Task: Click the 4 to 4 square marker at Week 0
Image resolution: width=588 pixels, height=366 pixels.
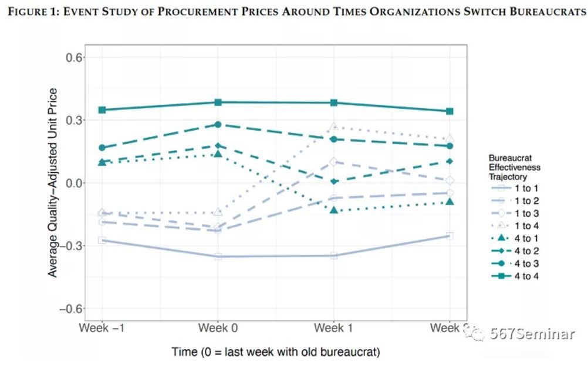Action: [x=218, y=102]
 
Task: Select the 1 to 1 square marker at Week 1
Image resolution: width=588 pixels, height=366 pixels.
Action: [x=334, y=255]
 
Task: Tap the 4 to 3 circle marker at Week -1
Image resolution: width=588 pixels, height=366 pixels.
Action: [x=103, y=148]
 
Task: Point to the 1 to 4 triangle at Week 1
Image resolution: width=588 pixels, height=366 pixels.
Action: [x=334, y=126]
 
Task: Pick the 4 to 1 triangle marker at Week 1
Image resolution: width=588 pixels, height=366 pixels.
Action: [x=334, y=210]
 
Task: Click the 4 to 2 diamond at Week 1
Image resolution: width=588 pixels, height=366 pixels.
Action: [x=334, y=182]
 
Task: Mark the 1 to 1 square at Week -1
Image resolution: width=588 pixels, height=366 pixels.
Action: [x=103, y=240]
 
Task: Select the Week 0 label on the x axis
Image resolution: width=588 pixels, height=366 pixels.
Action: [x=218, y=328]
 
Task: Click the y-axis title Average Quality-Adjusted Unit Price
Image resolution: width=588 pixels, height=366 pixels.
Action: [x=53, y=183]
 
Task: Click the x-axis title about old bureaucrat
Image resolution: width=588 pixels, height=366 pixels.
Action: [x=276, y=352]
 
